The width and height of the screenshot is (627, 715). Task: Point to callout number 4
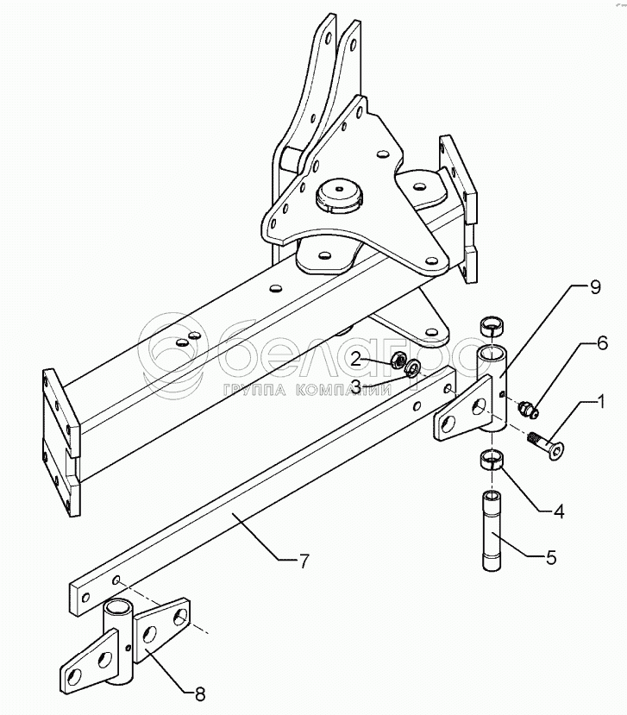[x=558, y=511]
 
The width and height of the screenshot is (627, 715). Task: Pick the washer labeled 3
[x=412, y=369]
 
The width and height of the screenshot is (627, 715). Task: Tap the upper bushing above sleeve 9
[x=494, y=327]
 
